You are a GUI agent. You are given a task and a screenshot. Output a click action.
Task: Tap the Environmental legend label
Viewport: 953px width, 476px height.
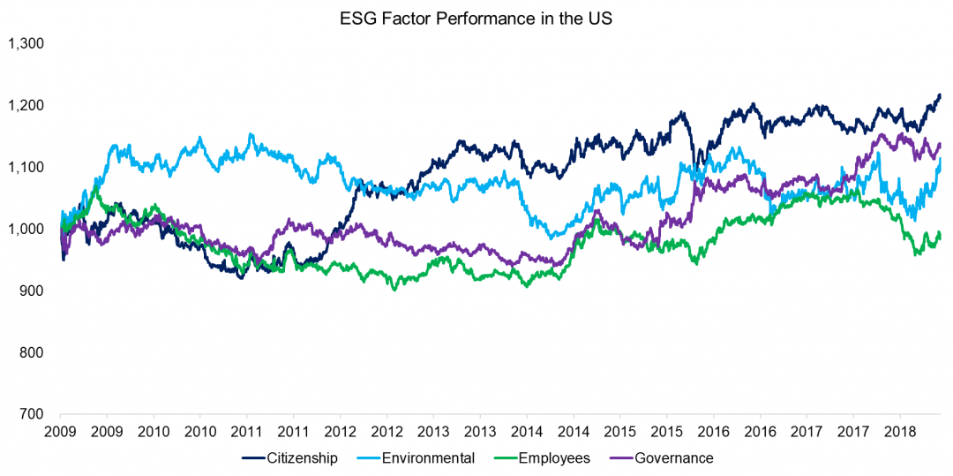(x=433, y=457)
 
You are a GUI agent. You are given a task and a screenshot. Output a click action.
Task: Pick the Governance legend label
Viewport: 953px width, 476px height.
(x=674, y=457)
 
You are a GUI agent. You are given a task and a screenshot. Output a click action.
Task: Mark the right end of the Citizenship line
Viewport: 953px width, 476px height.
(x=941, y=94)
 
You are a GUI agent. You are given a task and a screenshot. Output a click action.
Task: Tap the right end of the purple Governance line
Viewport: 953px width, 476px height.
(x=941, y=144)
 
